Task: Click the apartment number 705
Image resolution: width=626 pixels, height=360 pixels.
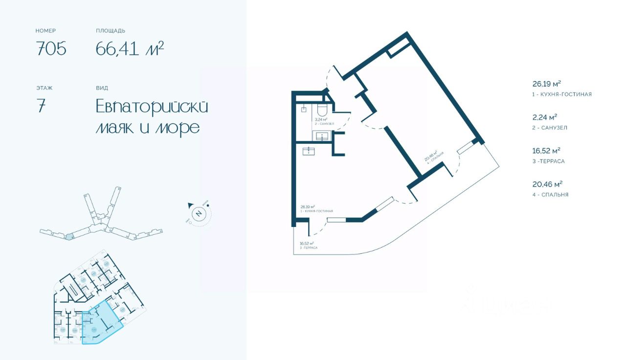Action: [51, 49]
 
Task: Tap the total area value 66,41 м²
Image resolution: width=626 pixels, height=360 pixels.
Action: [130, 49]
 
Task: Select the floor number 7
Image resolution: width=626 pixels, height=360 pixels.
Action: [41, 107]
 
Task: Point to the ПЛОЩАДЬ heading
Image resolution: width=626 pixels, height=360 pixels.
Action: [111, 31]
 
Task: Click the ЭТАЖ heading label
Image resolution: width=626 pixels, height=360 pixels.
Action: [44, 88]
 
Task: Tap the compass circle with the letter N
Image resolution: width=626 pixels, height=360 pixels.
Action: [199, 213]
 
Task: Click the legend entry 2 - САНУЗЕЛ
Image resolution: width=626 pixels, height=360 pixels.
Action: [550, 128]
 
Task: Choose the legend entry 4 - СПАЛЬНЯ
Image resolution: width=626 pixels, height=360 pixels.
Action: [550, 195]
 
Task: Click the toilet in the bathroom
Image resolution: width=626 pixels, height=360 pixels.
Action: [323, 109]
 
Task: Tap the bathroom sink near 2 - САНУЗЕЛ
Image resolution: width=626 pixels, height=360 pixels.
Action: [323, 136]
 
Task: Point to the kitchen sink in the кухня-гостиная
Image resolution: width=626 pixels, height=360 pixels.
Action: [310, 151]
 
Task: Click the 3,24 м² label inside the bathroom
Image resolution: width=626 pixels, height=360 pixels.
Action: [321, 119]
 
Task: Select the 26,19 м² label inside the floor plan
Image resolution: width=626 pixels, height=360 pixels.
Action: [308, 206]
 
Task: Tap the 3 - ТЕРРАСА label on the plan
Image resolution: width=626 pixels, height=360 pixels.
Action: [308, 248]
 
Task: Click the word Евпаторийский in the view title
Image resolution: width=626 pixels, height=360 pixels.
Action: [152, 107]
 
